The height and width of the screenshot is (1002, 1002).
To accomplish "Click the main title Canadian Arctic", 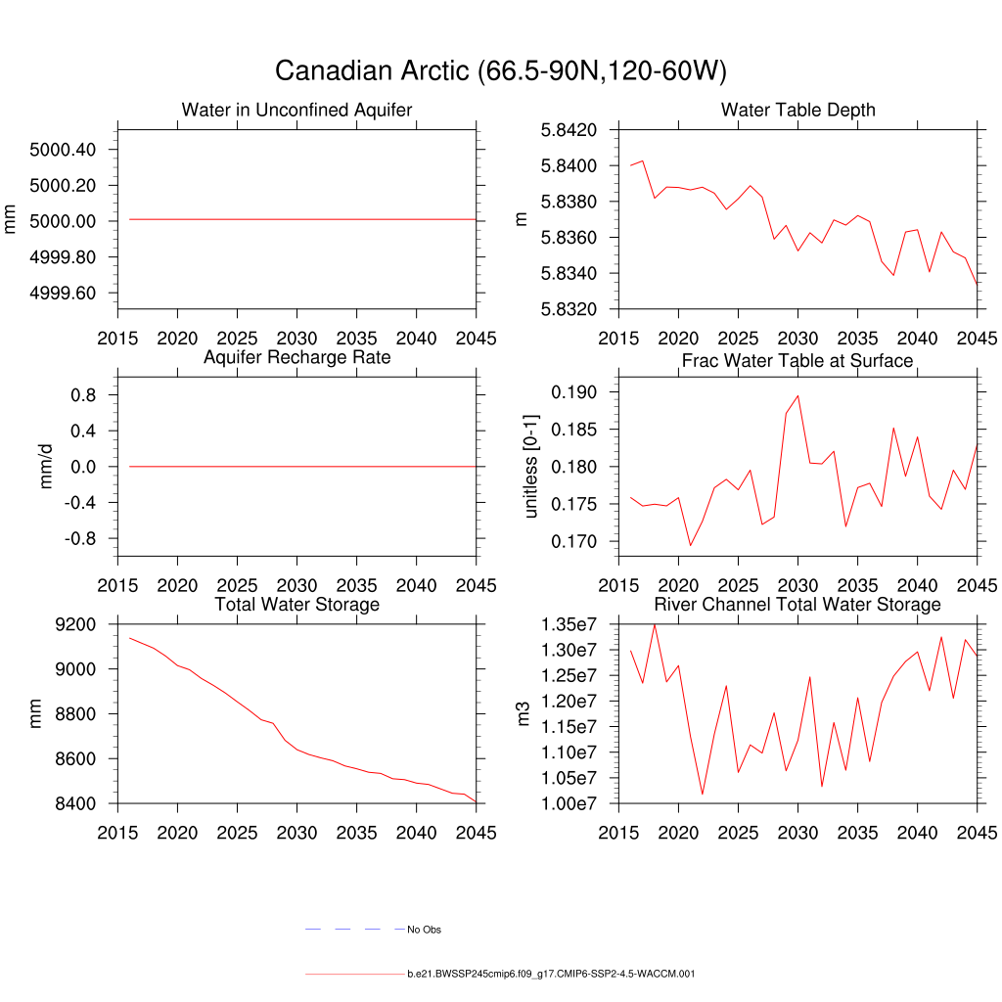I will click(500, 71).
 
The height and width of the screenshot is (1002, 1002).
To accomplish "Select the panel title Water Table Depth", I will click(797, 110).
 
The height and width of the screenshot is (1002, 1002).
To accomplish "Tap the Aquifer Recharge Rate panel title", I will click(296, 357).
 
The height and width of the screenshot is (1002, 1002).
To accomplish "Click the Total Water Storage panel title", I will click(296, 605).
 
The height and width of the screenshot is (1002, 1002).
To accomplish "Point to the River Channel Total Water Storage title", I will click(797, 605).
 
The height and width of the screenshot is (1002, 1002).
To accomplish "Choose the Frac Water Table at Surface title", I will click(797, 361).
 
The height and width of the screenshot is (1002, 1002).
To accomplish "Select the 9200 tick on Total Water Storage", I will click(75, 624).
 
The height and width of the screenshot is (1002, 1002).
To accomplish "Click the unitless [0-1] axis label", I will click(531, 466).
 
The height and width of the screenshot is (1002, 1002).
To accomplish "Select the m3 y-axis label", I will click(524, 713).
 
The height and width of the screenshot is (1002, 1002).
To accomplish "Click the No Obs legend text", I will click(424, 930).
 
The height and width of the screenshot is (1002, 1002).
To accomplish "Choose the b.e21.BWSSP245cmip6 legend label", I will click(551, 974).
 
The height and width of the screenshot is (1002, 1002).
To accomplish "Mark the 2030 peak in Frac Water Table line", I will click(797, 396).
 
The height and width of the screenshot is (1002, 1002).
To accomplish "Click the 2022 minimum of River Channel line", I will click(702, 794).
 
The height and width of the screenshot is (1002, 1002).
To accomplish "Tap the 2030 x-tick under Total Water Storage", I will click(296, 833).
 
